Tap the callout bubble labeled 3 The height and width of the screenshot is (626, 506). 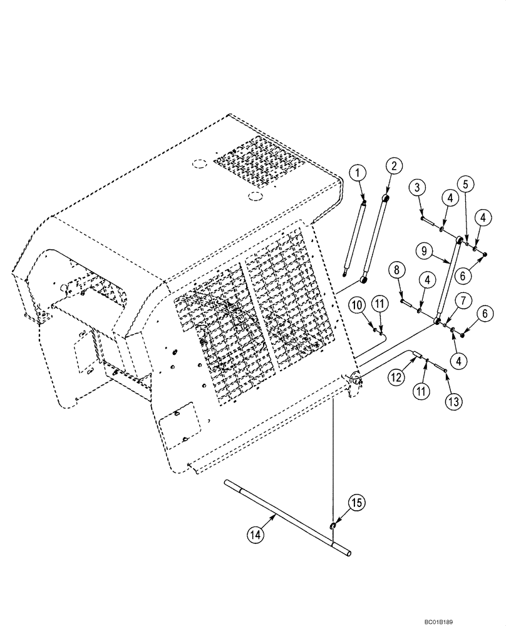[418, 187]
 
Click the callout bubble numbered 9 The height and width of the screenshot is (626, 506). [425, 251]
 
